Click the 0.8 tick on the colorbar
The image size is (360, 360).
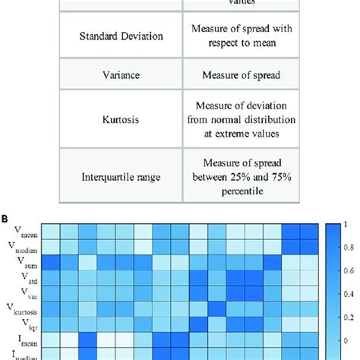click(348, 248)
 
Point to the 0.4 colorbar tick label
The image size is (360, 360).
click(348, 294)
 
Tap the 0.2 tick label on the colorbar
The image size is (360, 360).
click(348, 317)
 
